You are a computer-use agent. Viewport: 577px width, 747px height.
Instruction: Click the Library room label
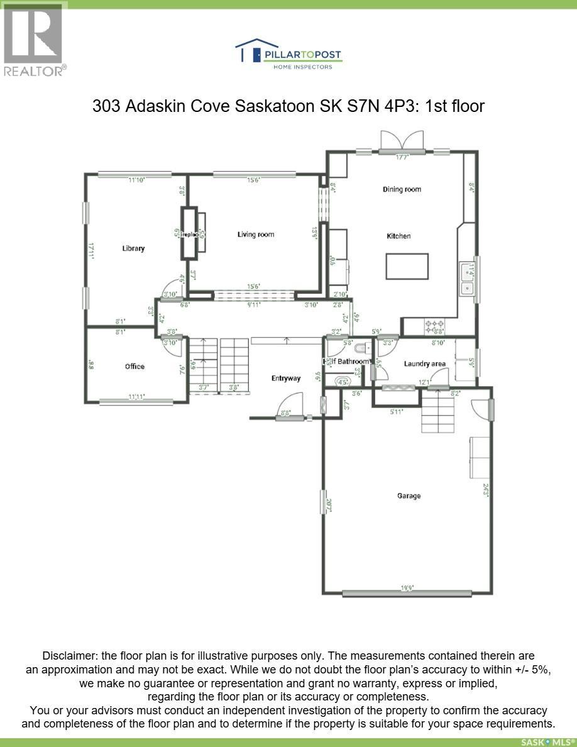[x=133, y=248]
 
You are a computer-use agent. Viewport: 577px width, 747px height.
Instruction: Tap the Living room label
[x=256, y=235]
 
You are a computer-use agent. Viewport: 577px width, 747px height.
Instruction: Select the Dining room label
[x=402, y=189]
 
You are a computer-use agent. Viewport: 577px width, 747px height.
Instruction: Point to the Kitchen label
[x=398, y=236]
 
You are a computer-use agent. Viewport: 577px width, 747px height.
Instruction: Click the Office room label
[x=135, y=367]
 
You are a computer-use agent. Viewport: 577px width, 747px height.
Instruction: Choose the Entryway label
[x=286, y=378]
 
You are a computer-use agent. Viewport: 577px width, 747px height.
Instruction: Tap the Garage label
[x=409, y=496]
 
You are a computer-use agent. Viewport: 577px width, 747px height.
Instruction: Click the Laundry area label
[x=425, y=363]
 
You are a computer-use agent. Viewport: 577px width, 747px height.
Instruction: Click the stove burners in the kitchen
[x=435, y=327]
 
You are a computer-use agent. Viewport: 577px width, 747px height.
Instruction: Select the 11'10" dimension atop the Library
[x=136, y=180]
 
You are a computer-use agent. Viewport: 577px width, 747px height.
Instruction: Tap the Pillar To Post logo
[x=288, y=53]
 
